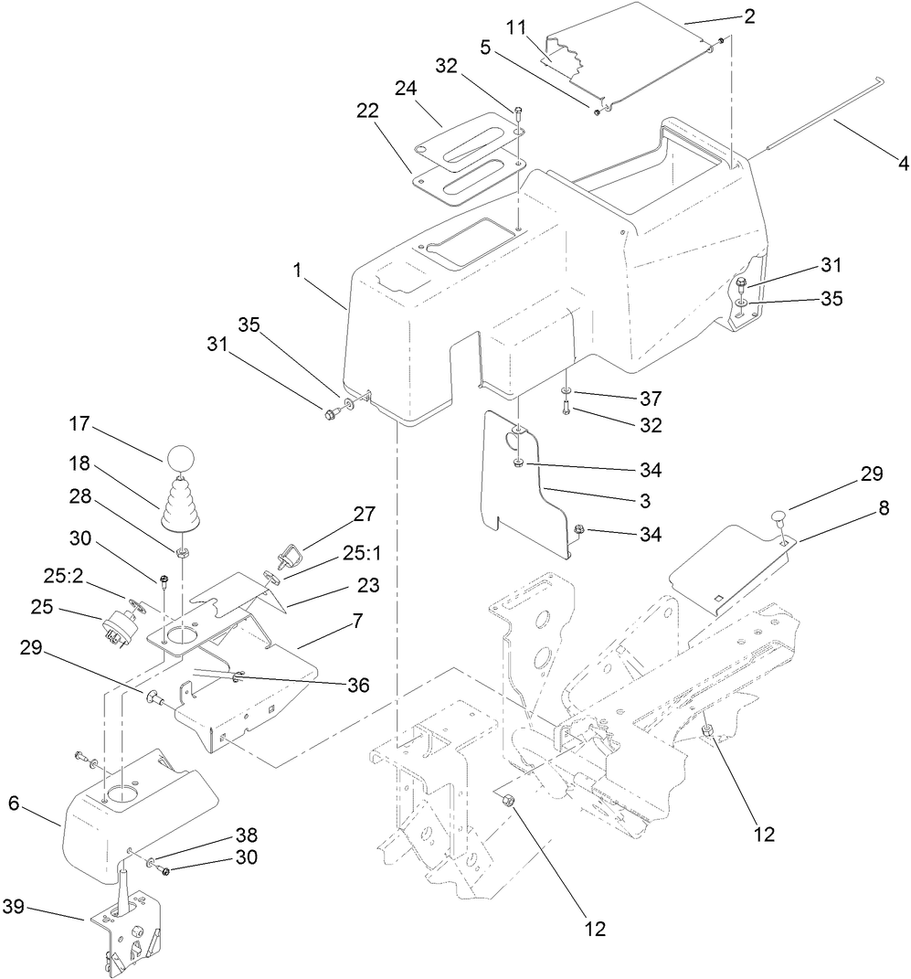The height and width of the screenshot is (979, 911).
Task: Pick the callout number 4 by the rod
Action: (x=904, y=165)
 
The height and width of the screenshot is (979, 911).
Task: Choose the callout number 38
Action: (x=247, y=835)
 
